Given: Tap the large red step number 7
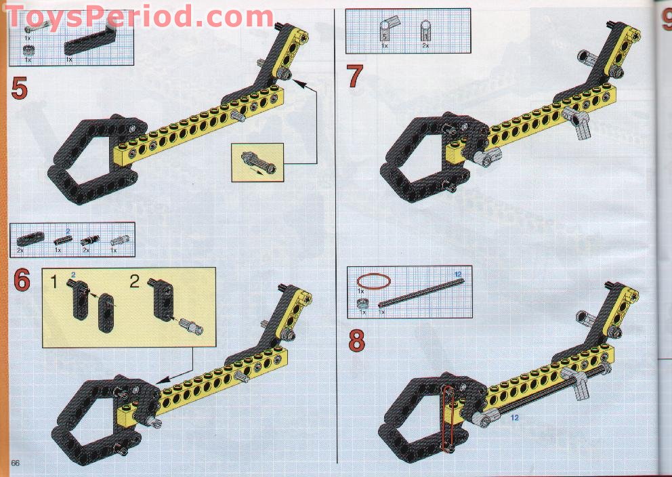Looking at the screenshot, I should pos(355,77).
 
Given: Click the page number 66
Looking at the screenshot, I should pos(15,462).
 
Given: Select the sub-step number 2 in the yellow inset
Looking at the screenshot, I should pos(134,280).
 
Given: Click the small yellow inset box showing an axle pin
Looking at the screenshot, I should pos(257,163).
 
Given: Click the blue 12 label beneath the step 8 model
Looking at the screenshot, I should pos(514,417).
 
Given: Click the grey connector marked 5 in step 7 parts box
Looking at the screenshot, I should pos(385,31).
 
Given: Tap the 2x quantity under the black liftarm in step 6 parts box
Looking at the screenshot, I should pos(21,251).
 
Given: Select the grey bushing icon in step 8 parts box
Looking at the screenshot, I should pos(363,303).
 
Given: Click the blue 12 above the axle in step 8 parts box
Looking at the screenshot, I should pos(458,273).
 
